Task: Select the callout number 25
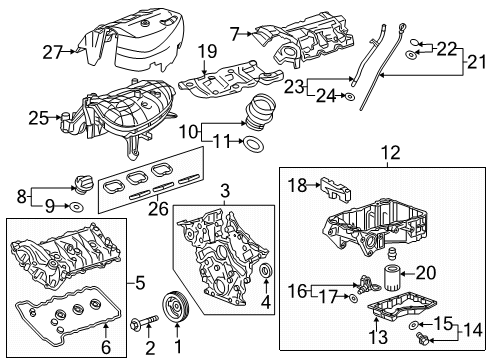point(37,118)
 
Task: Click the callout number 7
point(234,34)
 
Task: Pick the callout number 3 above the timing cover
point(225,189)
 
